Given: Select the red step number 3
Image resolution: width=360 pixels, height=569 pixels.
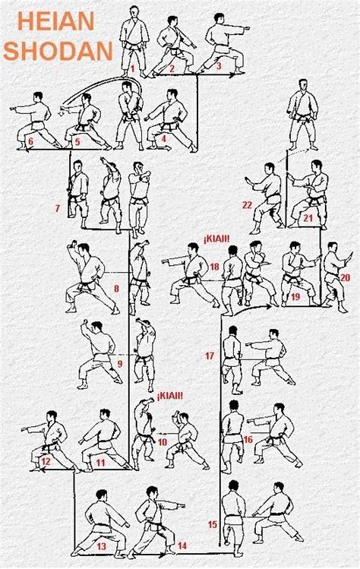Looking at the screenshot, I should (x=218, y=67).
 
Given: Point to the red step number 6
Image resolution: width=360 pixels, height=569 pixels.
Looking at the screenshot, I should (x=30, y=141).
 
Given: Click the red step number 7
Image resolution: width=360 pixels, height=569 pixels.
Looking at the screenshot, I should (x=57, y=207).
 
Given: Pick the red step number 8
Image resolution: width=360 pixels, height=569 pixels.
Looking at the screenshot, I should (x=116, y=289).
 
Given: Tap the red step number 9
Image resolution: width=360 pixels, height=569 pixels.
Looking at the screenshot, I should (x=119, y=365).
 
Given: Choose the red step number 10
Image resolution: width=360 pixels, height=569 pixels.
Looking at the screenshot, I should (x=163, y=441).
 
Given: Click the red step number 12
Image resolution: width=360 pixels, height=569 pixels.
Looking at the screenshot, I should (x=46, y=461).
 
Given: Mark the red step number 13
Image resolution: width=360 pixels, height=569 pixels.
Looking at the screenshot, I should (x=102, y=546).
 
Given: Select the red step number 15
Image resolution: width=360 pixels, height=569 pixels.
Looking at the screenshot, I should (x=212, y=524).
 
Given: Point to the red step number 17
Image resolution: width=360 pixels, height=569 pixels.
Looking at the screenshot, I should (x=210, y=356).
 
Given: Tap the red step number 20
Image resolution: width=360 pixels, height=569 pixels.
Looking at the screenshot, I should (x=346, y=277).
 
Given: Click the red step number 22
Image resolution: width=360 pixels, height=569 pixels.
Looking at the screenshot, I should (x=248, y=205).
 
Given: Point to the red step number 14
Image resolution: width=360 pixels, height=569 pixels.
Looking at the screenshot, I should (x=182, y=545).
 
